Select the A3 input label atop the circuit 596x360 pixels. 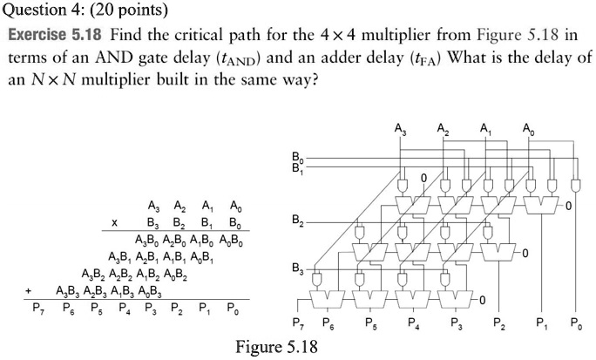point(400,131)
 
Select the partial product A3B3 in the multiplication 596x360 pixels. point(70,290)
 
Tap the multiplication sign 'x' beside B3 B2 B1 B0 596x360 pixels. point(114,223)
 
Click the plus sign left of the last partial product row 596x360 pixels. point(29,290)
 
